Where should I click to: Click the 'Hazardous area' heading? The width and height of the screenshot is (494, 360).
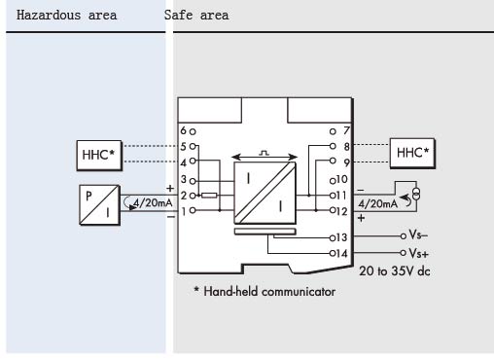point(66,15)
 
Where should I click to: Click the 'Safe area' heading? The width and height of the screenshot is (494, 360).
point(196,15)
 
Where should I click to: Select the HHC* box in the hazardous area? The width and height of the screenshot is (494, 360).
point(99,156)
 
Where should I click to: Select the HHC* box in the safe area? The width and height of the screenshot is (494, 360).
point(412,153)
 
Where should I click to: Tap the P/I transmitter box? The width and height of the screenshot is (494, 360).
point(99,205)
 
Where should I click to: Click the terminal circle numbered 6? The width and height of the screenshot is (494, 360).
point(193,131)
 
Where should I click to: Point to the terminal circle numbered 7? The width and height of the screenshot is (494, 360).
point(333,131)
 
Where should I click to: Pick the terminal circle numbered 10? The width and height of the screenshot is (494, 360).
point(333,181)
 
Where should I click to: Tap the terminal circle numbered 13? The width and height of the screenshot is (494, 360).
point(333,238)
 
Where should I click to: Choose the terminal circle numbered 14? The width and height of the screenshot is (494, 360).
point(333,253)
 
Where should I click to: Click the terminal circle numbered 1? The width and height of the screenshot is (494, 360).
point(193,210)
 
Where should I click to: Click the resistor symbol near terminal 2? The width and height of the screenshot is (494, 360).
point(209,196)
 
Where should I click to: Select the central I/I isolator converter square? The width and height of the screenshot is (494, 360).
point(265,193)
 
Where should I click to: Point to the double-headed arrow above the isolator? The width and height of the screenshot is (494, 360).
point(265,158)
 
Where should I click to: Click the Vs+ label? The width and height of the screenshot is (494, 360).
point(418,253)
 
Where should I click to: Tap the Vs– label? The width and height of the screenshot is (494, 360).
point(418,234)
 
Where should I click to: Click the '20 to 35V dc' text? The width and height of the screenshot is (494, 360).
point(395,271)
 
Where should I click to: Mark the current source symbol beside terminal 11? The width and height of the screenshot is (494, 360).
point(416,194)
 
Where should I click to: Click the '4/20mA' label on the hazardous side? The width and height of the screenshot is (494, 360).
point(153,203)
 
